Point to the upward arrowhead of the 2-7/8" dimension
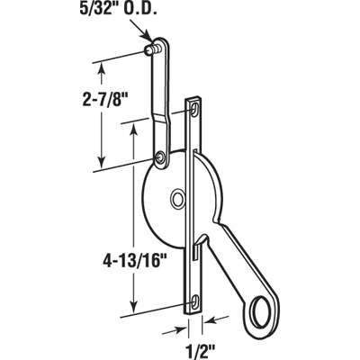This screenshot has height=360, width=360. [x=100, y=65]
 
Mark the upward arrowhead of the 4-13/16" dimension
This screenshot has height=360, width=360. [x=135, y=127]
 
